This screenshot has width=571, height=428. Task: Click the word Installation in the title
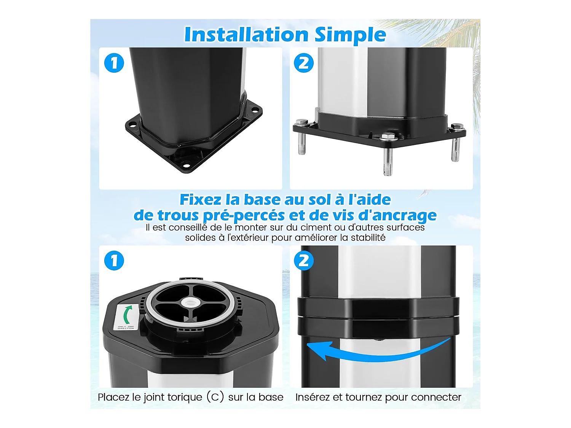[x=246, y=35]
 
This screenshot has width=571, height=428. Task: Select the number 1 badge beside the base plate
[x=114, y=63]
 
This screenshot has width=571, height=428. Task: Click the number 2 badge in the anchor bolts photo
[x=304, y=63]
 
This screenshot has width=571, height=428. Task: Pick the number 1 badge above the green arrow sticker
[x=114, y=261]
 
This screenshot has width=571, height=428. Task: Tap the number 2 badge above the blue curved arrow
[x=304, y=261]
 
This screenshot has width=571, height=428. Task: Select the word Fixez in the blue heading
[x=201, y=200]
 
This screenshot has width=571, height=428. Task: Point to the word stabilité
[x=368, y=238]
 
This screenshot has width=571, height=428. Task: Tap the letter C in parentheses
[x=215, y=397]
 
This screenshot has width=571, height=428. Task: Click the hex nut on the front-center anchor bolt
[x=387, y=136]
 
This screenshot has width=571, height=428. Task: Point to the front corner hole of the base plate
[x=186, y=165]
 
